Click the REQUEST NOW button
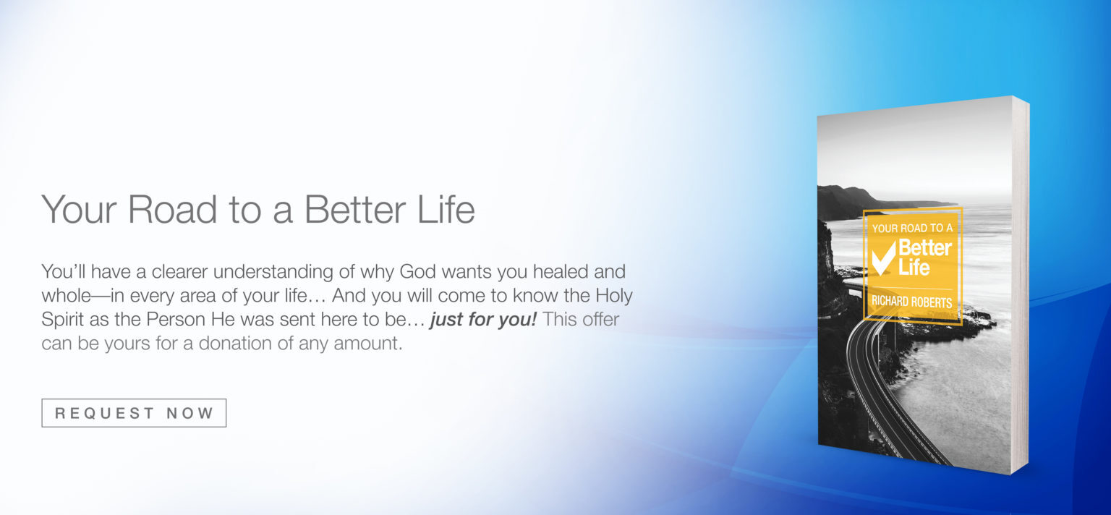tap(134, 413)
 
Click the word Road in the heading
tap(172, 209)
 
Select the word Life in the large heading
tap(446, 209)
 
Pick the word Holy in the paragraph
tap(613, 296)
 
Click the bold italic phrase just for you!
tap(484, 320)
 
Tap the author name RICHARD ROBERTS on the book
tap(911, 302)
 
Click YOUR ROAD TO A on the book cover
tap(912, 229)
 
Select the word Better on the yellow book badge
tap(925, 247)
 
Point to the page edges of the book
tap(1021, 285)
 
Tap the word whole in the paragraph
tap(66, 296)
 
